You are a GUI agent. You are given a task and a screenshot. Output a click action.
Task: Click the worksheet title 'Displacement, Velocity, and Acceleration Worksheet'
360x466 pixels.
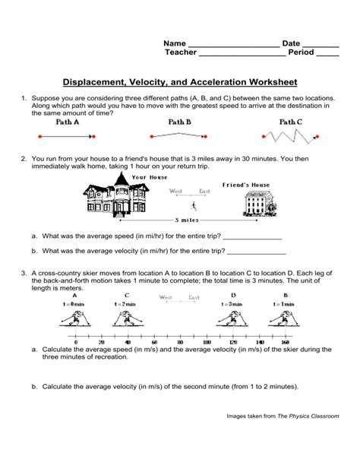(x=179, y=81)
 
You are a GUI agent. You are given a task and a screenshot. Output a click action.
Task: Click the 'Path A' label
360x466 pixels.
(x=68, y=122)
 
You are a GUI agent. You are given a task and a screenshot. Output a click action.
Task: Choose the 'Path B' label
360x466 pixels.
(x=179, y=122)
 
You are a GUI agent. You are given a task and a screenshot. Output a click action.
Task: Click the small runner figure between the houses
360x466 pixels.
(x=194, y=206)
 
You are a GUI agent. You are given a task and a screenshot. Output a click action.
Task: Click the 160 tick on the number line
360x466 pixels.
(x=286, y=342)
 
